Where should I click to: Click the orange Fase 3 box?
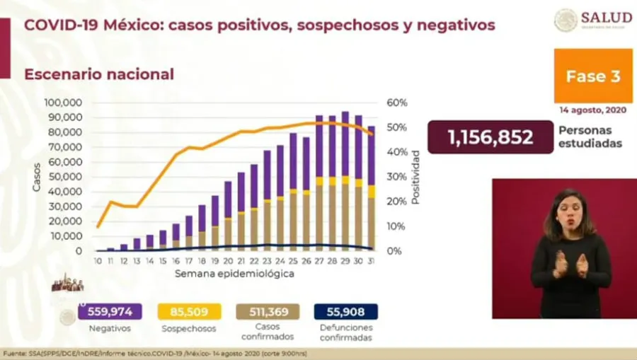click(x=592, y=76)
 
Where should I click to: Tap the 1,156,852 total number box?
click(x=490, y=137)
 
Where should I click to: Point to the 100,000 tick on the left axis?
click(x=63, y=103)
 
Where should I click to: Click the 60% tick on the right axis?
click(x=397, y=103)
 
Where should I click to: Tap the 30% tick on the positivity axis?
click(x=397, y=177)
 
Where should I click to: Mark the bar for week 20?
click(x=229, y=216)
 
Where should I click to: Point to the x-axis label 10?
click(x=98, y=261)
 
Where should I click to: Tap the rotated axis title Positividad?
click(x=416, y=177)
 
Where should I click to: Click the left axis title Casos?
click(x=36, y=177)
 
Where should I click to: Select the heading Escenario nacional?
click(x=99, y=74)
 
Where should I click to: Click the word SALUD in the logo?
click(x=606, y=18)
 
